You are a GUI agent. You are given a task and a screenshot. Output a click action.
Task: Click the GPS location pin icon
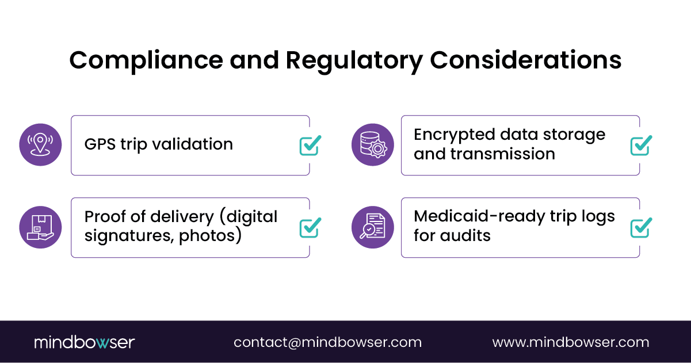(40, 144)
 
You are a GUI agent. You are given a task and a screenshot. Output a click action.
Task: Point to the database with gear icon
(372, 144)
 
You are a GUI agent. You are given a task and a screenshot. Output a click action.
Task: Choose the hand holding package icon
(40, 227)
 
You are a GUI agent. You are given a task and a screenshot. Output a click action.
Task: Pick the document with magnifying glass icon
(372, 227)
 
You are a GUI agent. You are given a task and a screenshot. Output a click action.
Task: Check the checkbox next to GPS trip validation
(310, 146)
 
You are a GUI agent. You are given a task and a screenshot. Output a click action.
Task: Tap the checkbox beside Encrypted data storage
(640, 146)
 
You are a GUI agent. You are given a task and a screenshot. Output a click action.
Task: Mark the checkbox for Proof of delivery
(310, 228)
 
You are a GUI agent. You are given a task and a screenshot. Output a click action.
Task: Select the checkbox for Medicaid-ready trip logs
(640, 228)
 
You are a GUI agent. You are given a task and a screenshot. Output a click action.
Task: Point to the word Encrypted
(455, 135)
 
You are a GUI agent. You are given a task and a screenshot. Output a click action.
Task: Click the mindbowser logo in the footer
(84, 342)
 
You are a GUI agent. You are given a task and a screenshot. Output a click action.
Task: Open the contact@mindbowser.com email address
(327, 342)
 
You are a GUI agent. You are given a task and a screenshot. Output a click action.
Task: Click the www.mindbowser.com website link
(570, 342)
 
